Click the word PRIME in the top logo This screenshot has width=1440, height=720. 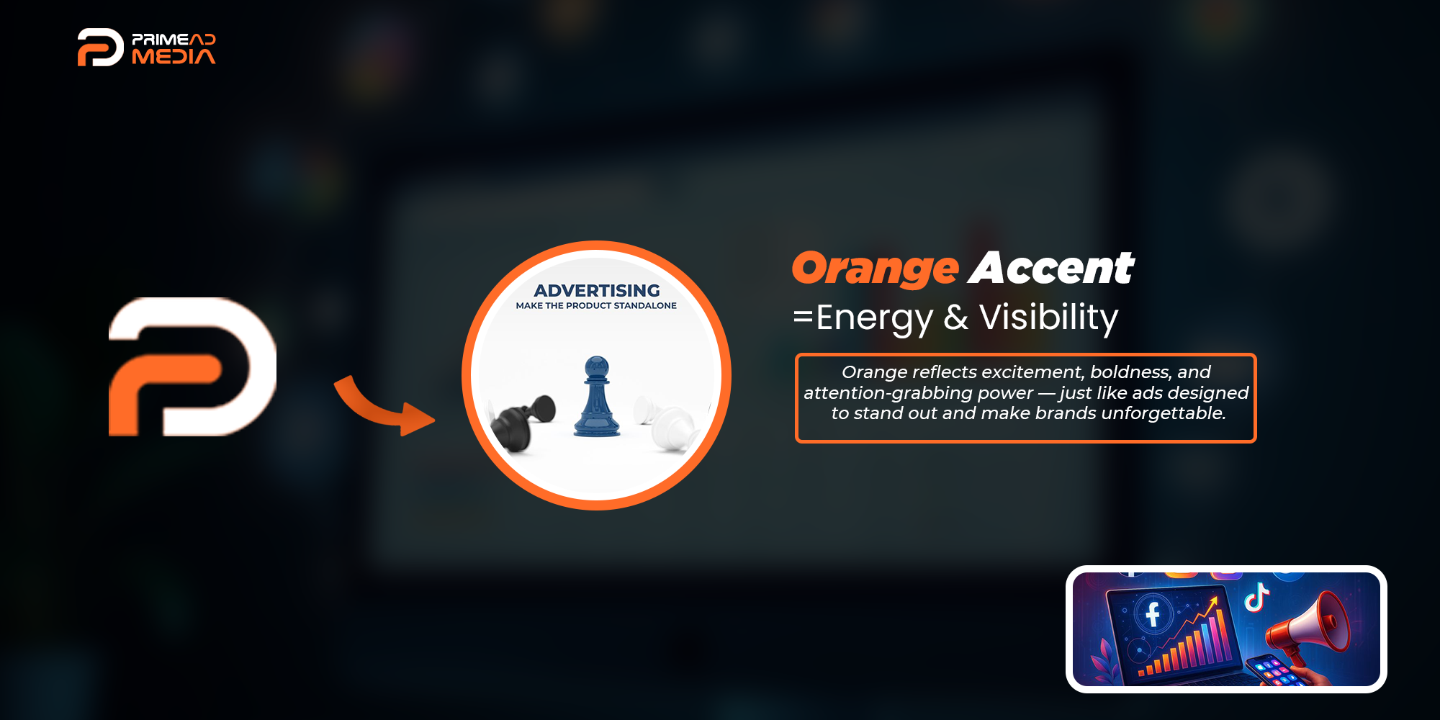click(161, 40)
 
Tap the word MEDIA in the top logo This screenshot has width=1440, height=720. click(174, 57)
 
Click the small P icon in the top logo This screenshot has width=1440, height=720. click(100, 48)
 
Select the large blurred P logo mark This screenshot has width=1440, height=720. click(192, 366)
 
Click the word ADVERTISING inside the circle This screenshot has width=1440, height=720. click(597, 290)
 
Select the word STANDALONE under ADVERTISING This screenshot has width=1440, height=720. click(645, 306)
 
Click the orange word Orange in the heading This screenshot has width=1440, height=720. click(876, 269)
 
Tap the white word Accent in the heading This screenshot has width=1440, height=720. click(1052, 268)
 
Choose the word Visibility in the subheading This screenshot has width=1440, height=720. click(1049, 318)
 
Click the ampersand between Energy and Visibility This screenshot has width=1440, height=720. click(956, 318)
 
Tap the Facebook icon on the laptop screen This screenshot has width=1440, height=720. click(1153, 614)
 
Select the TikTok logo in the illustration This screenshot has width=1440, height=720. click(1256, 596)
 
